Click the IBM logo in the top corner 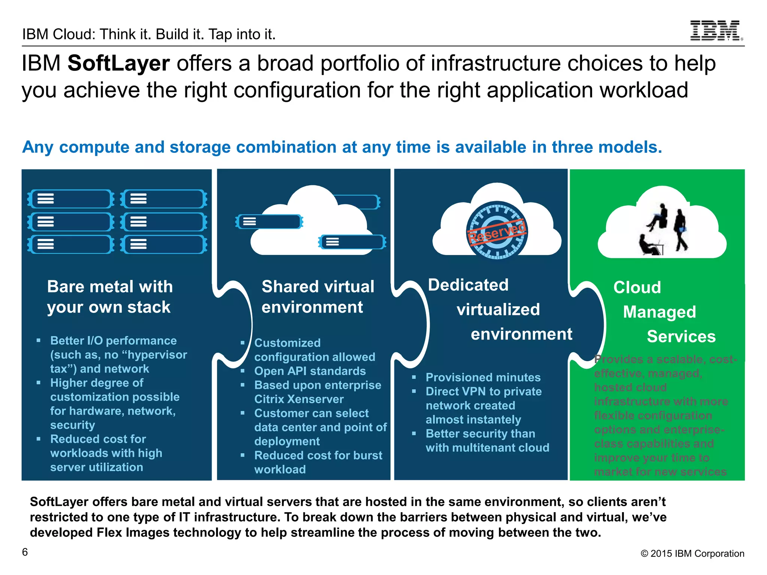coord(716,31)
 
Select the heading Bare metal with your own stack coord(110,296)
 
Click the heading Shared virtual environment coord(318,296)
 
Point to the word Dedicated coord(468,285)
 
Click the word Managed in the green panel coord(659,312)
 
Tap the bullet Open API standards coord(310,371)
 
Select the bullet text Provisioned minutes coord(483,377)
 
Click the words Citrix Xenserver coord(298,399)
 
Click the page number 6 coord(25,552)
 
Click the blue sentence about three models coord(342,147)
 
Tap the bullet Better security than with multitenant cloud coord(487,441)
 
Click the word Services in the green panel coord(681,337)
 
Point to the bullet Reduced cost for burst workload coord(318,462)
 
